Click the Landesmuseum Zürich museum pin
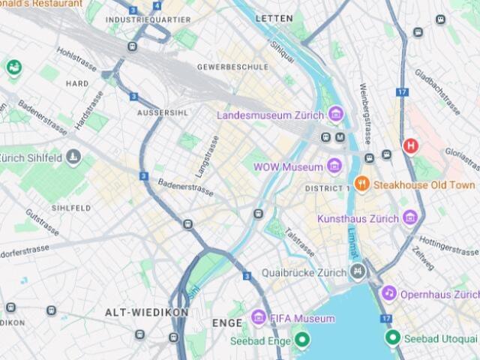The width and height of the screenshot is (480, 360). click(x=335, y=115)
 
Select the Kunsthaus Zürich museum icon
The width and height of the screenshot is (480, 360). click(x=409, y=217)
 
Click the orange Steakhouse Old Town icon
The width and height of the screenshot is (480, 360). click(x=361, y=184)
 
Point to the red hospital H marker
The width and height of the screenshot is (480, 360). click(x=410, y=145)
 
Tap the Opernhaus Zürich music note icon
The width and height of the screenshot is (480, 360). click(x=388, y=293)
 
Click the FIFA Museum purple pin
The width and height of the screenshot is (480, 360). click(x=259, y=318)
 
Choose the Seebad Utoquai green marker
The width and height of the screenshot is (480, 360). click(x=391, y=338)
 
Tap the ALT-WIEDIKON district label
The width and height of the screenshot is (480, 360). click(x=135, y=312)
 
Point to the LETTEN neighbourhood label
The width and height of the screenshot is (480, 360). click(x=274, y=17)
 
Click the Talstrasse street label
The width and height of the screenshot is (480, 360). click(x=299, y=242)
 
